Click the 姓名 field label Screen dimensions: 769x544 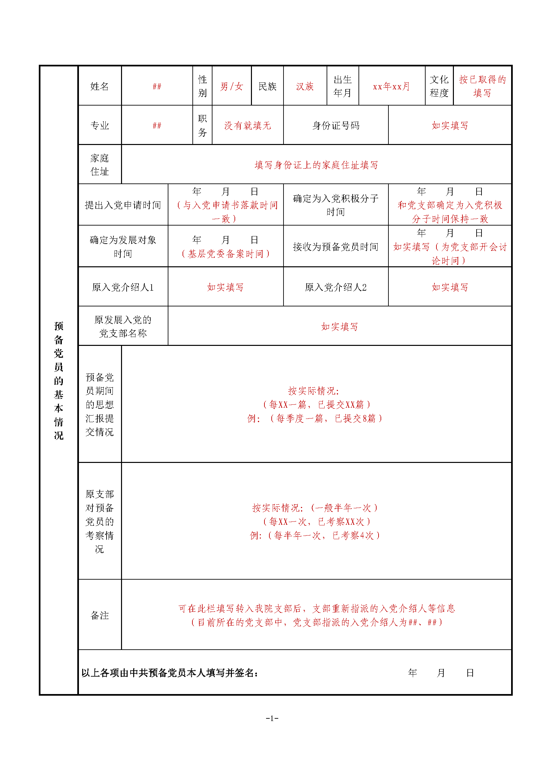[x=99, y=86]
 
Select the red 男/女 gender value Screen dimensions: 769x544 [x=232, y=86]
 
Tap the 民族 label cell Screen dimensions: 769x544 [x=267, y=86]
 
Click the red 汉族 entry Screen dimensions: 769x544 [x=305, y=86]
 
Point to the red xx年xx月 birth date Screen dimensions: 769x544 [x=391, y=86]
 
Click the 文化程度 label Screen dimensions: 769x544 [x=439, y=86]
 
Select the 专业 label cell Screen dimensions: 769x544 [x=99, y=126]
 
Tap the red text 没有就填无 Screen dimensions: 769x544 [x=248, y=126]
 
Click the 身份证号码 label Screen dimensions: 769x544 [x=336, y=126]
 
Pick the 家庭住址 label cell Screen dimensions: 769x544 [x=99, y=165]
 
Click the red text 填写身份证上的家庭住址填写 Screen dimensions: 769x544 [x=316, y=165]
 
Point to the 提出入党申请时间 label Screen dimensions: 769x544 [x=123, y=205]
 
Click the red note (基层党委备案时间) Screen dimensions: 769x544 [x=225, y=254]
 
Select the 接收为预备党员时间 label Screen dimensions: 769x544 [x=336, y=247]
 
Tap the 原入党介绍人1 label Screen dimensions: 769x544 [x=123, y=287]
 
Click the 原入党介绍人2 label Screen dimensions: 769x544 [x=336, y=287]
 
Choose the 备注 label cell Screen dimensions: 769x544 [x=99, y=615]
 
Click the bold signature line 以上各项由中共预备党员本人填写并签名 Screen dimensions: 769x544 [x=170, y=673]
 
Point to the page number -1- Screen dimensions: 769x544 [x=272, y=718]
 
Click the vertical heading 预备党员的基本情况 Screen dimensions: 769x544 [x=59, y=380]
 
